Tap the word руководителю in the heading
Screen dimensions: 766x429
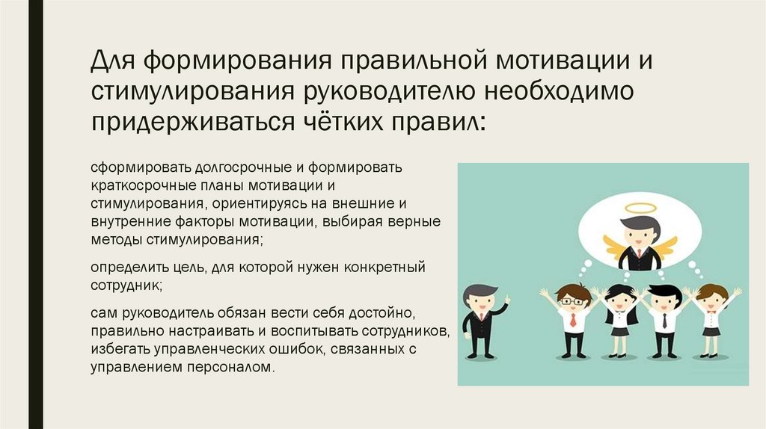pos(389,91)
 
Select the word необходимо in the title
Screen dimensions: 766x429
pos(560,90)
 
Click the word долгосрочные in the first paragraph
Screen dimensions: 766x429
pos(244,167)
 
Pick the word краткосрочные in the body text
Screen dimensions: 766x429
pos(143,185)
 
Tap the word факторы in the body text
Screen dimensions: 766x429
pos(205,221)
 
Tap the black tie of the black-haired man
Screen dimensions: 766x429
pos(664,320)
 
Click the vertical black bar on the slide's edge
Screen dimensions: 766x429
pos(36,214)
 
